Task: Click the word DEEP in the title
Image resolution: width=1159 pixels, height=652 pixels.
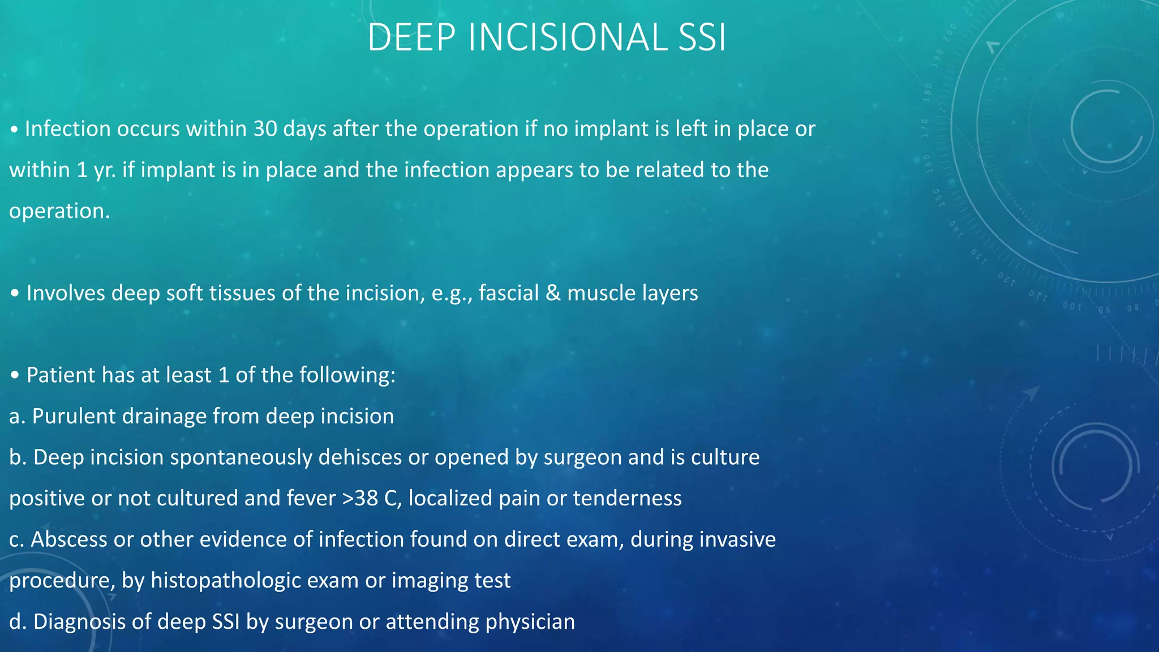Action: pos(411,37)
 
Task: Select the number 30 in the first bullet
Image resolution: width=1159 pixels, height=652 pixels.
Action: pos(265,129)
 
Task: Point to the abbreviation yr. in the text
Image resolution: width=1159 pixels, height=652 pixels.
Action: pos(105,170)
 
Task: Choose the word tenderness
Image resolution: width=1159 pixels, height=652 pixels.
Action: pos(627,499)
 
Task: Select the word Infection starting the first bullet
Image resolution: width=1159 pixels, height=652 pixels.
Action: pos(68,129)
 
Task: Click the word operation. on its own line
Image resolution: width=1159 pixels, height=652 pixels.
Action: pos(59,211)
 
